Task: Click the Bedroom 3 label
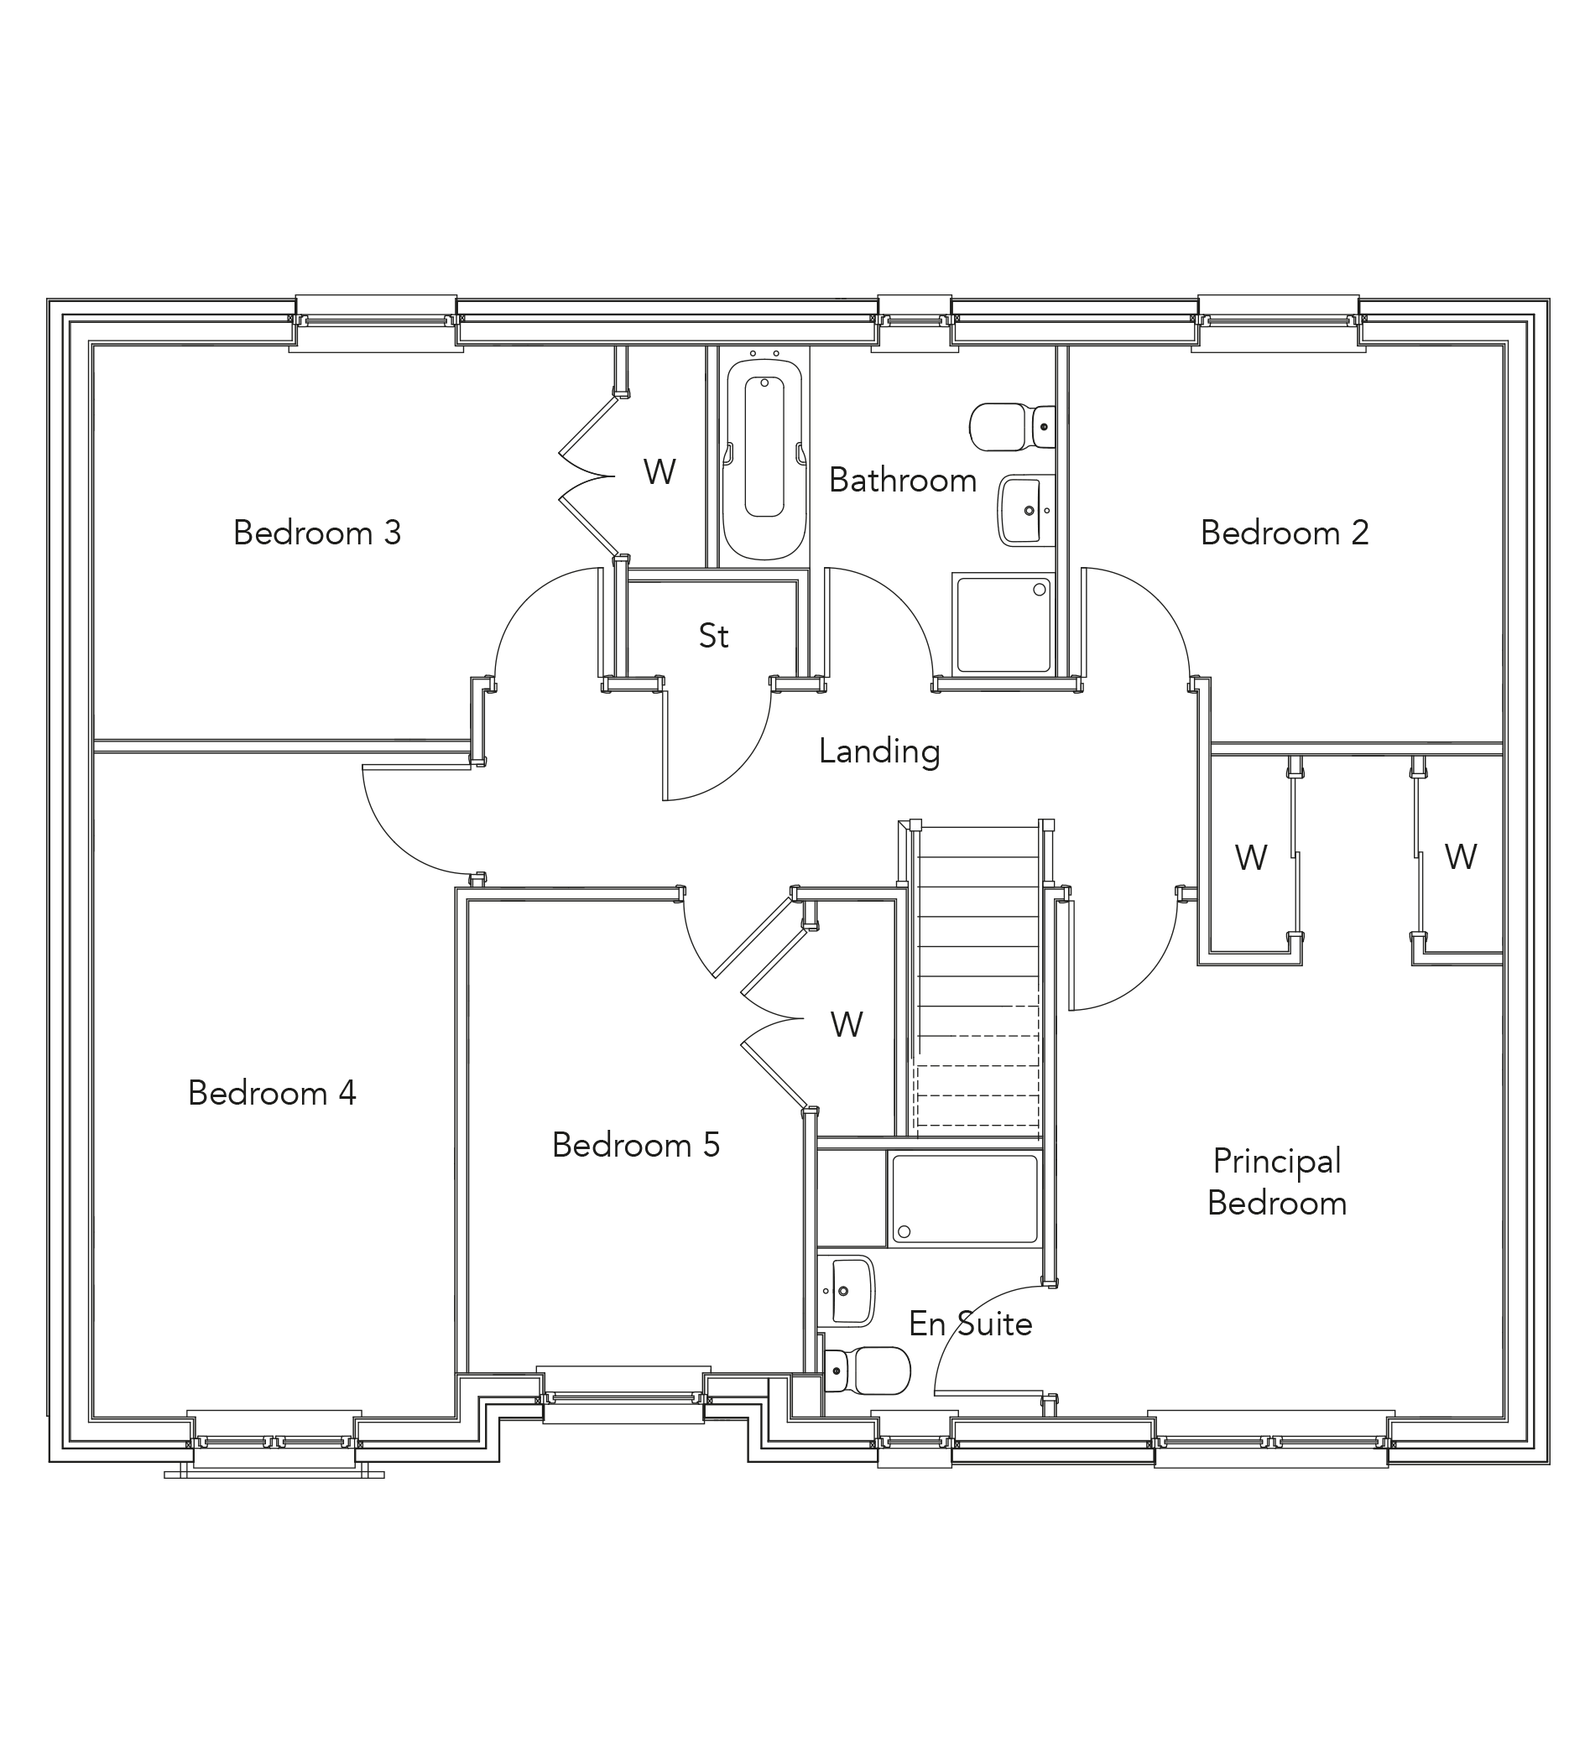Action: tap(317, 533)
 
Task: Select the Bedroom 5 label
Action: tap(636, 1145)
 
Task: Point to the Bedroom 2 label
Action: tap(1285, 533)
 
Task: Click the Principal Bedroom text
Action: tap(1277, 1182)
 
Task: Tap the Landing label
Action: tap(879, 751)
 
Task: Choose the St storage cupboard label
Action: tap(714, 636)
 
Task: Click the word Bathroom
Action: tap(903, 480)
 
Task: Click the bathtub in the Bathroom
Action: tap(764, 460)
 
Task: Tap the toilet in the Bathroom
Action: tap(1011, 427)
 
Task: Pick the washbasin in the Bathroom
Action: tap(1026, 511)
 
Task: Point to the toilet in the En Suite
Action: tap(865, 1371)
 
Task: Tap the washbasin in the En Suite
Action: tap(847, 1291)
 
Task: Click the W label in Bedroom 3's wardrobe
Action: tap(659, 471)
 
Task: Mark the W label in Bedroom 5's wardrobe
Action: tap(847, 1025)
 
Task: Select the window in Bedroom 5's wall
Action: tap(623, 1397)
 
